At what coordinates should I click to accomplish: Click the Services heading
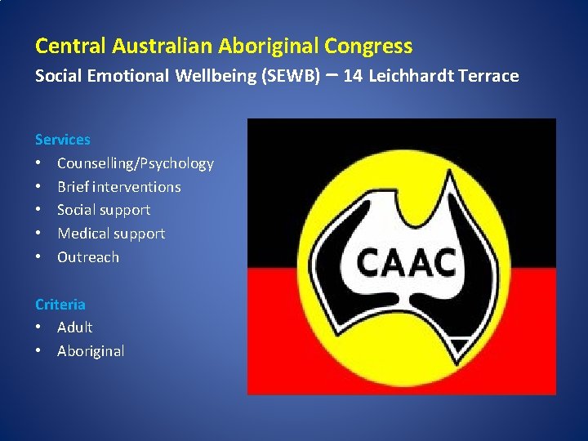63,140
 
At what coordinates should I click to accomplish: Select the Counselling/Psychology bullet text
136,163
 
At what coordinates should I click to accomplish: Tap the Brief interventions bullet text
119,187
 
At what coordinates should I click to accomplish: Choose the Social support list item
104,210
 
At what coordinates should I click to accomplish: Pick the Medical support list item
111,234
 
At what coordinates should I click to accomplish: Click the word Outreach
88,257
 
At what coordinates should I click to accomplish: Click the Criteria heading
60,304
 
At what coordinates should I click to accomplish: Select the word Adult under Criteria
75,327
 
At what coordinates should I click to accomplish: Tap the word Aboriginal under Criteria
91,351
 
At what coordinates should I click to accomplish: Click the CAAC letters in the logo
406,263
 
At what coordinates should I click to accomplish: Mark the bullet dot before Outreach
39,257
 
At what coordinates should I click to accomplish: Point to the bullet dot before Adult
39,327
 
